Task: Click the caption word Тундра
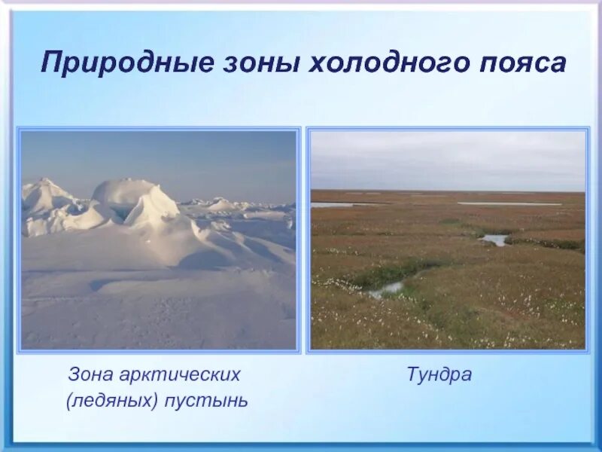[439, 374]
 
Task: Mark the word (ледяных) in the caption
[112, 400]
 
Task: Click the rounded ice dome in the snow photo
[124, 194]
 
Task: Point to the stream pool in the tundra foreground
[387, 288]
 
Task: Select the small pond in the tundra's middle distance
[495, 240]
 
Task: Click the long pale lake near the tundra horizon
[509, 203]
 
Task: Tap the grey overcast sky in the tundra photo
[448, 160]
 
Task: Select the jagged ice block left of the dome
[47, 197]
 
